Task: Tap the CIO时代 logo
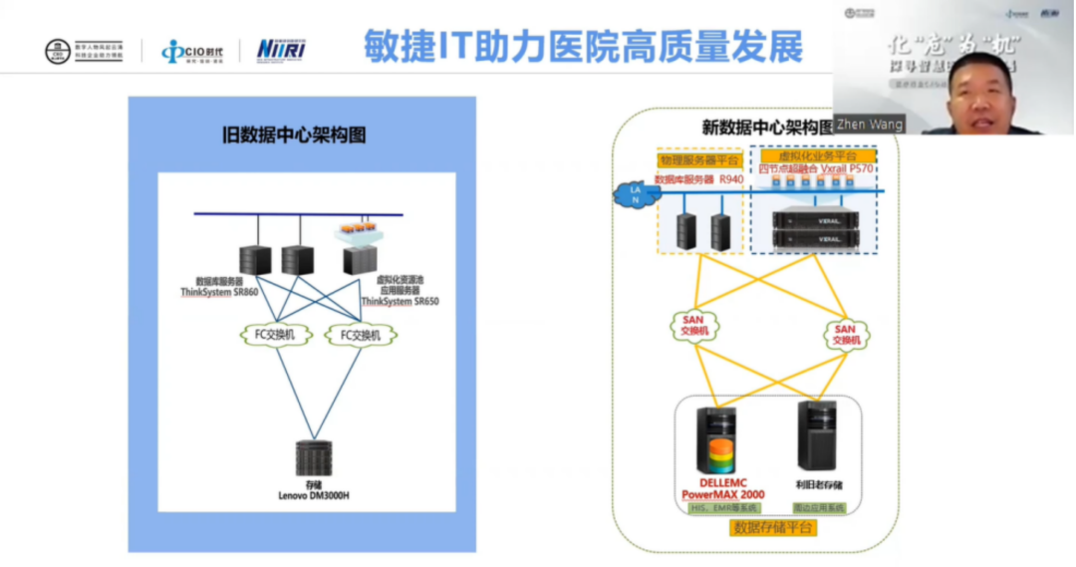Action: pos(192,51)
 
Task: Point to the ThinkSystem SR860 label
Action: pos(219,292)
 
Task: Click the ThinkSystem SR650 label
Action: pos(400,300)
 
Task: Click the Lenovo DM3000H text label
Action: pos(314,495)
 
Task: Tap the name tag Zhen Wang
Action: pos(870,125)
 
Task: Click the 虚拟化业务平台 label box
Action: pos(813,157)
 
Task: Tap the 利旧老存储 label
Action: pos(819,485)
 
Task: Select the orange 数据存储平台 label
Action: pos(773,527)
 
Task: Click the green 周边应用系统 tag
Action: pos(819,508)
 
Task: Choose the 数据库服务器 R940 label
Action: pos(699,180)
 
